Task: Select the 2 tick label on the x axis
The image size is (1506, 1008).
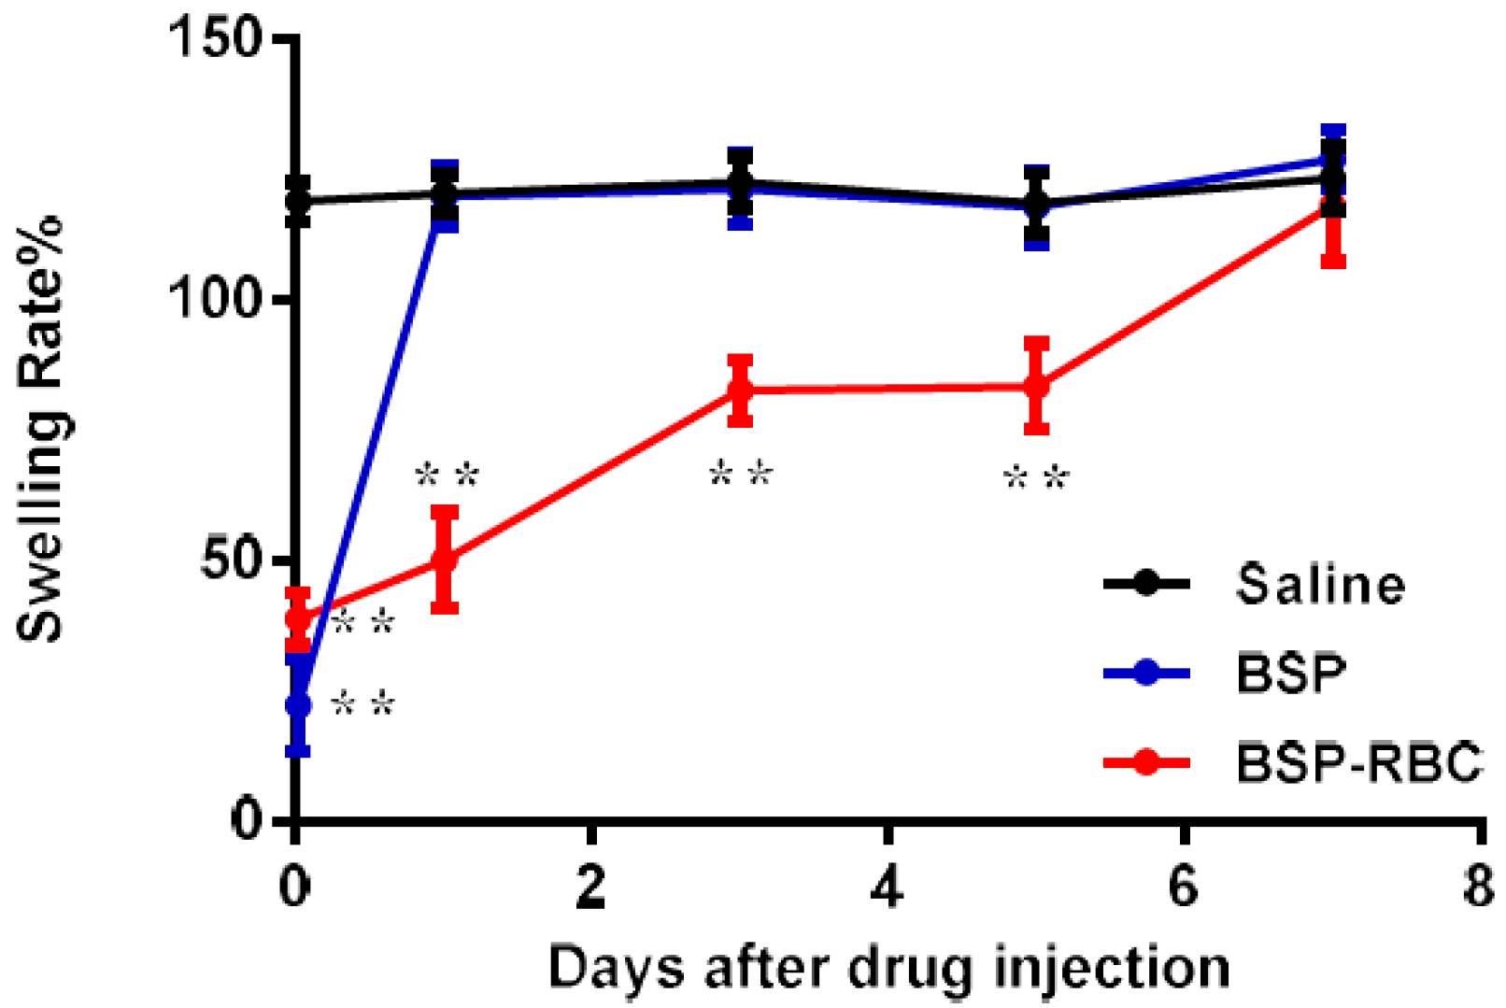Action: [x=591, y=886]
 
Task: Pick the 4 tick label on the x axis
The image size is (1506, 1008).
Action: [x=888, y=886]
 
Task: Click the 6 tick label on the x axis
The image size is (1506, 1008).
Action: [x=1183, y=886]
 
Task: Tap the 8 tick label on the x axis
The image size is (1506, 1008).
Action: [x=1479, y=886]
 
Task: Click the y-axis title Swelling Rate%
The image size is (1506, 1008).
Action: [x=41, y=428]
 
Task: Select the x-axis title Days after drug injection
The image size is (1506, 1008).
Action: [x=888, y=968]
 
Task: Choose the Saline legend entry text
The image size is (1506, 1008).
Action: [x=1320, y=585]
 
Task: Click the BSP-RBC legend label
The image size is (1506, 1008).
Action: [x=1359, y=762]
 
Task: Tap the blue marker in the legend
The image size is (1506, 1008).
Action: [x=1146, y=673]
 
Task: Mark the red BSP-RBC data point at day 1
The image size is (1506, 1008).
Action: [x=445, y=560]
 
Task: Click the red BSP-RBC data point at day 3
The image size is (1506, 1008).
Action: [x=740, y=390]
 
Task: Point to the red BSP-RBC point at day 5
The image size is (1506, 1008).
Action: [x=1036, y=385]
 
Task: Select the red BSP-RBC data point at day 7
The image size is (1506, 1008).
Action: [x=1333, y=204]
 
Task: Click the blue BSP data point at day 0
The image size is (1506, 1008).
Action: [x=297, y=704]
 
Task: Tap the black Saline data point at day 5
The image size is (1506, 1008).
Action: [x=1036, y=203]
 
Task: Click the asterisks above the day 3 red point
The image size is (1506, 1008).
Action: [x=742, y=474]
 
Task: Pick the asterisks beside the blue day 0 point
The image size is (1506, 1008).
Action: [x=364, y=703]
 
